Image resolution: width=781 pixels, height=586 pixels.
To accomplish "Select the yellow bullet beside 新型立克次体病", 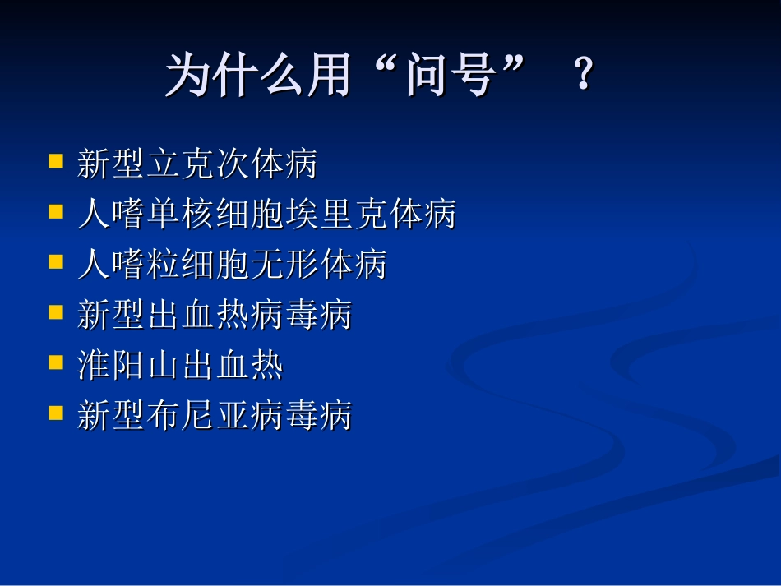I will point(56,160).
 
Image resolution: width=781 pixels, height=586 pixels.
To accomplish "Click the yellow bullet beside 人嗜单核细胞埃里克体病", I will point(56,211).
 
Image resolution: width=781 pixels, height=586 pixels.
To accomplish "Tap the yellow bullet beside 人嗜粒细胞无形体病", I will point(56,261).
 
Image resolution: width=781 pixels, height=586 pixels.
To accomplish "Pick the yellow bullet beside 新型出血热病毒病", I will point(56,312).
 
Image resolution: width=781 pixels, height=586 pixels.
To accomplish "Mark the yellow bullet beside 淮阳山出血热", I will point(56,362).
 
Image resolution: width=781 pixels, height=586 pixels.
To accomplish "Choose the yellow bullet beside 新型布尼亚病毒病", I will point(56,413).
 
